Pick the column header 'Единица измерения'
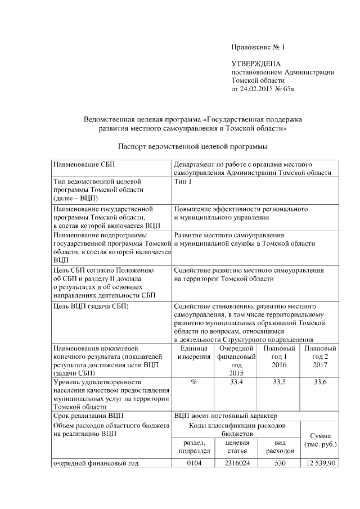tap(193, 353)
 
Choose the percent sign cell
tap(193, 382)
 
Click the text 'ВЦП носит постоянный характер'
tap(226, 416)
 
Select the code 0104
tap(193, 463)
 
